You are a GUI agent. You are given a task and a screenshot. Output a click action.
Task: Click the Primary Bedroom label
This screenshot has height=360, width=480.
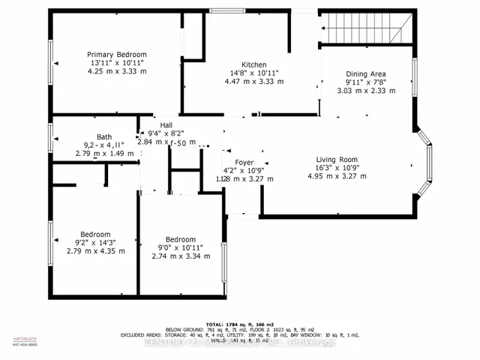(x=116, y=55)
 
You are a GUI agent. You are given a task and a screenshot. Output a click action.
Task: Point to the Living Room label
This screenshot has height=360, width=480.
(x=337, y=159)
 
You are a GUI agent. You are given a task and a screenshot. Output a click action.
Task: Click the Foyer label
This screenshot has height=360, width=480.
(x=244, y=162)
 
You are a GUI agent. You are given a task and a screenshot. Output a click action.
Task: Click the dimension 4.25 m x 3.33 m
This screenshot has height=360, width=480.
(x=116, y=72)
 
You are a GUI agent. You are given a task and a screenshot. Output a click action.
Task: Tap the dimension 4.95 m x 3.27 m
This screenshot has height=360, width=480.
(x=337, y=176)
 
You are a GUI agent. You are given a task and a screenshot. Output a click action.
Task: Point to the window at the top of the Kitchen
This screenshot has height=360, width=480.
(x=221, y=10)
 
